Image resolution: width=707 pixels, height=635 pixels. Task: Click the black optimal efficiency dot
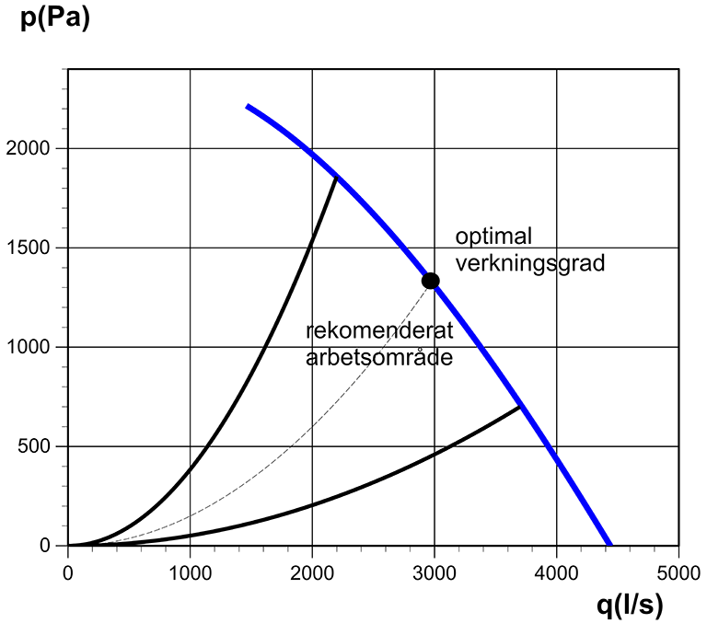coord(430,281)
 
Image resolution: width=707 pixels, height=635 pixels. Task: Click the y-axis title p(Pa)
coord(55,19)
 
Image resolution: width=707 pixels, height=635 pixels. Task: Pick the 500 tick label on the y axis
coord(42,446)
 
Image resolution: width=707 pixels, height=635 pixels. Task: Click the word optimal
coord(493,237)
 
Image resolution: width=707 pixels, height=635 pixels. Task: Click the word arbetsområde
coord(379,358)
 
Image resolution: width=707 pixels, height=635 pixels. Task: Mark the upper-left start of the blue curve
coord(248,107)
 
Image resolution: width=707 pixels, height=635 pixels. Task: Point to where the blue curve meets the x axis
coord(609,545)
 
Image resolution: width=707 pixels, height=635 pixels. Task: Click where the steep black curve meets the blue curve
coord(336,177)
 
